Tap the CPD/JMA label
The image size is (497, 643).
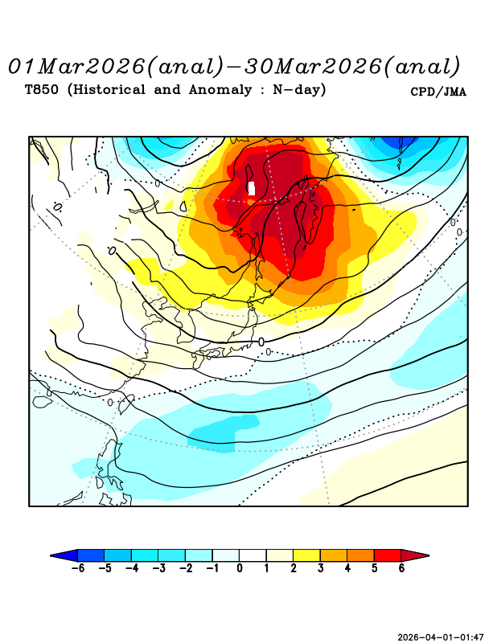(x=438, y=92)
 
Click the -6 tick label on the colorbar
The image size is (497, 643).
(x=78, y=568)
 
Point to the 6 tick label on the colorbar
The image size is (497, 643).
(x=400, y=568)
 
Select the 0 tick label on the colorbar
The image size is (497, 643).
(x=240, y=568)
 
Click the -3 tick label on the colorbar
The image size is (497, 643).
(x=158, y=568)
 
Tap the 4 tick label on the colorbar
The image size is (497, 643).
(x=347, y=568)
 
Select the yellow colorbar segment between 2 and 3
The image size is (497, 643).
(x=306, y=555)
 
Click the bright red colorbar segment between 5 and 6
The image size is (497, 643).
(x=387, y=555)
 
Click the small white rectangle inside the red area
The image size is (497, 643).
(x=252, y=188)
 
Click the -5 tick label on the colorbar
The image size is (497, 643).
(x=105, y=568)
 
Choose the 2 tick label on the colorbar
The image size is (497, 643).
(x=293, y=568)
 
